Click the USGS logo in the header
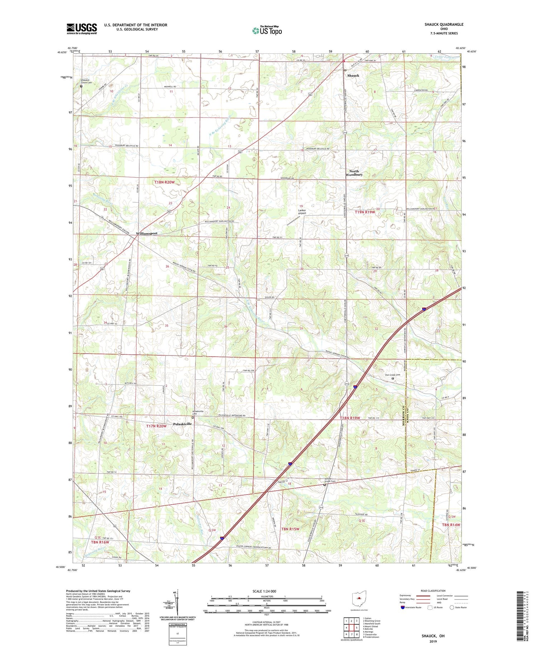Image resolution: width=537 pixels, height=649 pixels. tap(82, 29)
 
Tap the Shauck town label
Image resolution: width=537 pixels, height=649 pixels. tap(353, 76)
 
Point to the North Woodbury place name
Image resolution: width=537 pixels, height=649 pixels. tap(354, 173)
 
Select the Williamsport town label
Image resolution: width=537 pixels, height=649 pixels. tap(146, 233)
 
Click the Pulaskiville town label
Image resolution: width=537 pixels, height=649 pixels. tap(182, 424)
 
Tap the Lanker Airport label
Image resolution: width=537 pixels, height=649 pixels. tap(302, 212)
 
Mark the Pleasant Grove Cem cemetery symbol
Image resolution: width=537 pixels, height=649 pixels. tap(81, 86)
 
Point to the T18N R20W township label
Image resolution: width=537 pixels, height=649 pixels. tap(164, 182)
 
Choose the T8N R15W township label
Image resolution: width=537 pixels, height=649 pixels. tap(290, 529)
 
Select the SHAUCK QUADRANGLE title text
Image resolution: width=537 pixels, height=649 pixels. tap(444, 24)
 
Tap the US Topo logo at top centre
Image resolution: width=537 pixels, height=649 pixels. tap(267, 31)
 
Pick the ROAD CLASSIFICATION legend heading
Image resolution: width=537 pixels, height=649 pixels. tap(433, 591)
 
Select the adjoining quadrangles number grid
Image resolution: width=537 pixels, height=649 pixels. tap(351, 628)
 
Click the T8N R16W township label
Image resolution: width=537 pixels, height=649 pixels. tap(100, 542)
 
